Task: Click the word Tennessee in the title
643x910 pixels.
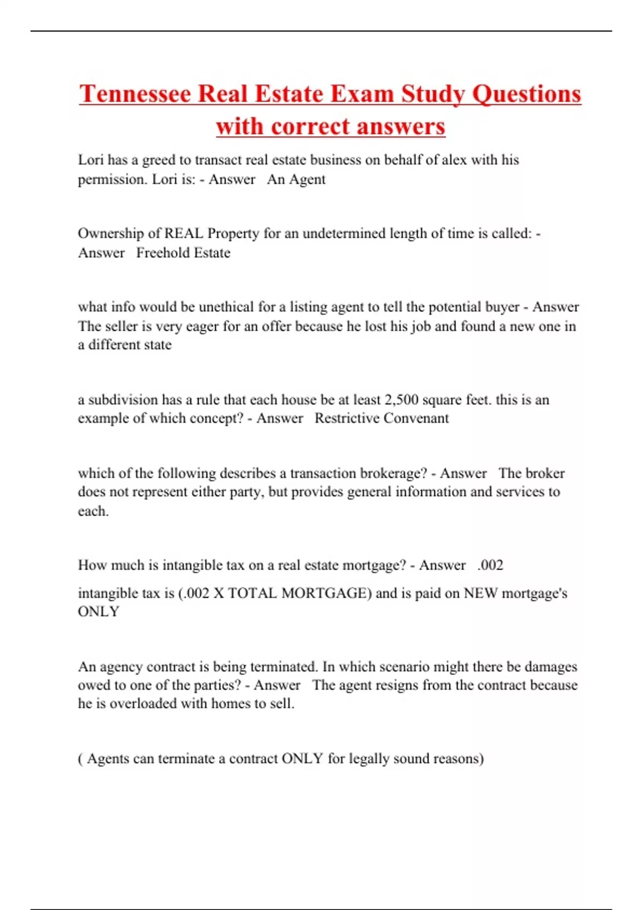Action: (135, 94)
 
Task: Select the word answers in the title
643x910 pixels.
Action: (401, 127)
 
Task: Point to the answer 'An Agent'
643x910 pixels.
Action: (296, 179)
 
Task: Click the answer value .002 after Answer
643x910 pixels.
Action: (490, 565)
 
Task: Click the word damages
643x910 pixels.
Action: (550, 666)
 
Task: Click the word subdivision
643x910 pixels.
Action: (123, 400)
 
